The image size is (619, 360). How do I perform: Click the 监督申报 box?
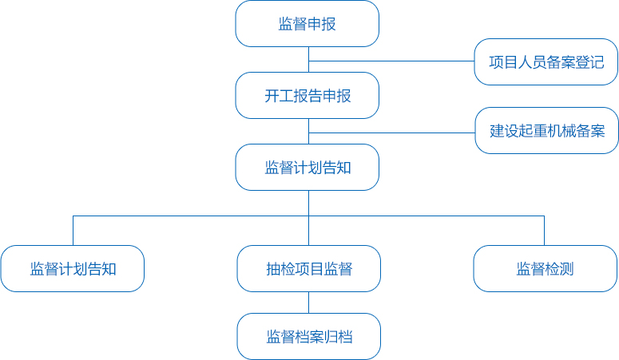click(308, 24)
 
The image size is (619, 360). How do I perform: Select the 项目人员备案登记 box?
click(546, 62)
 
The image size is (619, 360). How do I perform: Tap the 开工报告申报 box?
click(308, 96)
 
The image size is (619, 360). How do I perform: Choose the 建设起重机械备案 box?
click(547, 131)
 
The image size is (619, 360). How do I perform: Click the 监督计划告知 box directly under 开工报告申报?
click(308, 168)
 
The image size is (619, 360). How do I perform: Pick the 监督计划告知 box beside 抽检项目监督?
click(73, 269)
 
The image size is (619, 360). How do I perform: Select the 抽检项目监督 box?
click(309, 269)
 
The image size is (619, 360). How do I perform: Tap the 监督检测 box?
click(545, 269)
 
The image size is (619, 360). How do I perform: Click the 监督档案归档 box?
click(309, 337)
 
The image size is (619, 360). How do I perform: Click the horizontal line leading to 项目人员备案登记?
click(391, 61)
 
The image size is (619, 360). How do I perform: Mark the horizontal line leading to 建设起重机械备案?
click(391, 133)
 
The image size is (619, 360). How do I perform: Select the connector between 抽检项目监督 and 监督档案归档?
click(309, 303)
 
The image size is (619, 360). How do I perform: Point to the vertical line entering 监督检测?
click(544, 231)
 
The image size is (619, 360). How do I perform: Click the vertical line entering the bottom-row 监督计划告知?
click(73, 231)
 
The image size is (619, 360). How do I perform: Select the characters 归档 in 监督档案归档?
click(339, 337)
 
